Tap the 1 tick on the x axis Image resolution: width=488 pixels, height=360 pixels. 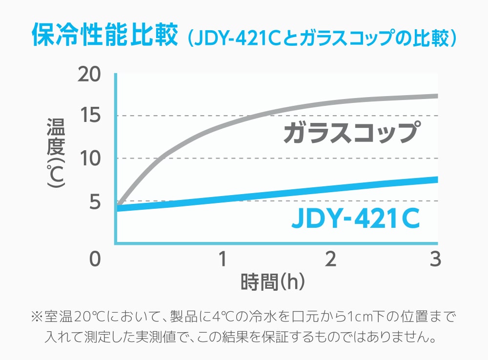(x=223, y=259)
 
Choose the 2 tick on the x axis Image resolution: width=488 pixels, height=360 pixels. (x=331, y=259)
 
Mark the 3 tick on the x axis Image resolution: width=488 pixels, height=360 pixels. (x=436, y=259)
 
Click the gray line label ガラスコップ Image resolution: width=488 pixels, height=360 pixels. (x=350, y=133)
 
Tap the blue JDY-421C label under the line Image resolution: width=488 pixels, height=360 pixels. (x=355, y=220)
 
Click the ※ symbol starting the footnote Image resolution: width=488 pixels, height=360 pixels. (x=37, y=317)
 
